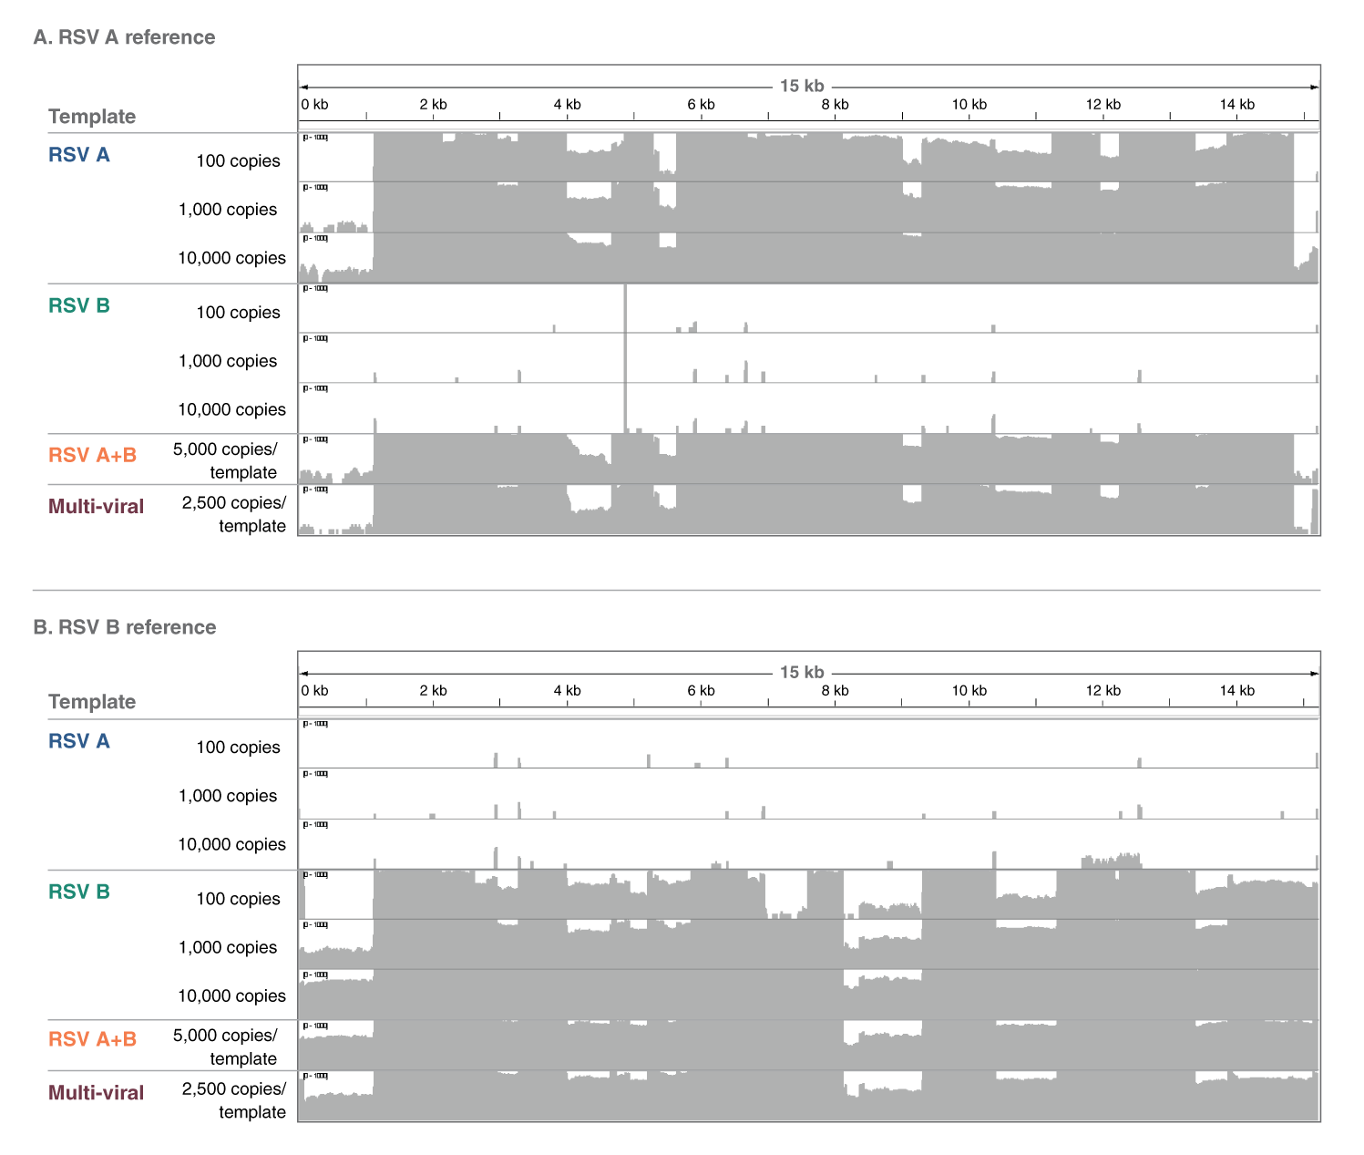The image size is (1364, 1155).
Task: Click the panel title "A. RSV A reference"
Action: (x=124, y=37)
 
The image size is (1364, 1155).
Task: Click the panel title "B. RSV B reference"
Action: (x=124, y=627)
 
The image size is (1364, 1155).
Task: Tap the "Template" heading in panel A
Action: (x=92, y=117)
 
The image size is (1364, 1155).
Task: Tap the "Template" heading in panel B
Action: (x=92, y=702)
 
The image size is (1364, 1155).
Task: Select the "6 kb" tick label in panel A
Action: (x=701, y=105)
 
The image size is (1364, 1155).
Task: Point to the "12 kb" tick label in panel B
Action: (x=1102, y=691)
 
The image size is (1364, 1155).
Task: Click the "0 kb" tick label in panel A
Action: (x=314, y=105)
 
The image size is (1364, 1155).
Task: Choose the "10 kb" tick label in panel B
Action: (x=969, y=691)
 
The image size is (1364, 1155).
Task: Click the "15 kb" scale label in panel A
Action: (x=802, y=86)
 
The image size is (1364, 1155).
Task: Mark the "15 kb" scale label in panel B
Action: (x=802, y=672)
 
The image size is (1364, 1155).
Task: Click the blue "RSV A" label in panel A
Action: (x=79, y=155)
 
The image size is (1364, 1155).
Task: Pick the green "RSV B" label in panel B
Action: (x=79, y=892)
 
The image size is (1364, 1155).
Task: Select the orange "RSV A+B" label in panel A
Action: (x=92, y=455)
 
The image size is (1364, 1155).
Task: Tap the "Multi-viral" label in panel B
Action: (x=96, y=1092)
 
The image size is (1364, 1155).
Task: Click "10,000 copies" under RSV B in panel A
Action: (x=231, y=409)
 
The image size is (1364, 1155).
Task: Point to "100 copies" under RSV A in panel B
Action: (x=238, y=748)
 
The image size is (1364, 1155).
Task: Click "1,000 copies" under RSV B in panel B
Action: (x=228, y=947)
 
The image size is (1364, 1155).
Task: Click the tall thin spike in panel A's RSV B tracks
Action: (x=625, y=356)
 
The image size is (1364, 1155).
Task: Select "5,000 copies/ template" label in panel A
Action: (x=226, y=460)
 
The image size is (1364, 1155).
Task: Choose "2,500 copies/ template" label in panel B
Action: (x=235, y=1100)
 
